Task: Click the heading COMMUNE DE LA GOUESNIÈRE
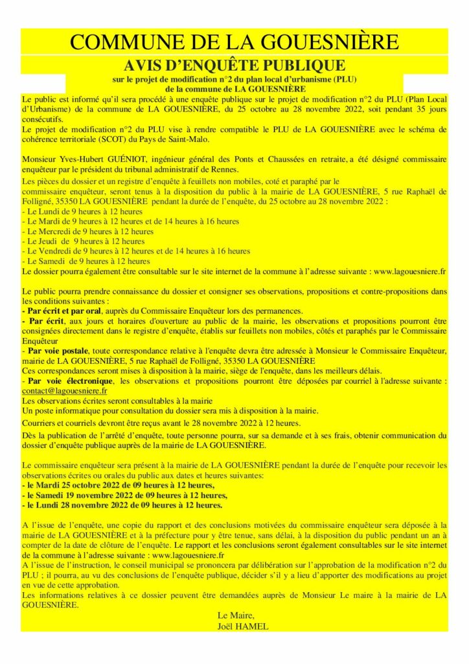pyautogui.click(x=234, y=42)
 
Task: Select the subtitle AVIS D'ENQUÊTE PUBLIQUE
pyautogui.click(x=234, y=65)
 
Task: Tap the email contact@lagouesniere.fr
pyautogui.click(x=64, y=392)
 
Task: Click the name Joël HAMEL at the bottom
pyautogui.click(x=242, y=626)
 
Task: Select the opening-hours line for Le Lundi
pyautogui.click(x=83, y=211)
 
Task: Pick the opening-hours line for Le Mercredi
pyautogui.click(x=88, y=231)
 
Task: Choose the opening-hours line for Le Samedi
pyautogui.click(x=86, y=261)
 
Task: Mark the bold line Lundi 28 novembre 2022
pyautogui.click(x=122, y=504)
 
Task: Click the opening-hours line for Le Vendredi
pyautogui.click(x=136, y=251)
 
